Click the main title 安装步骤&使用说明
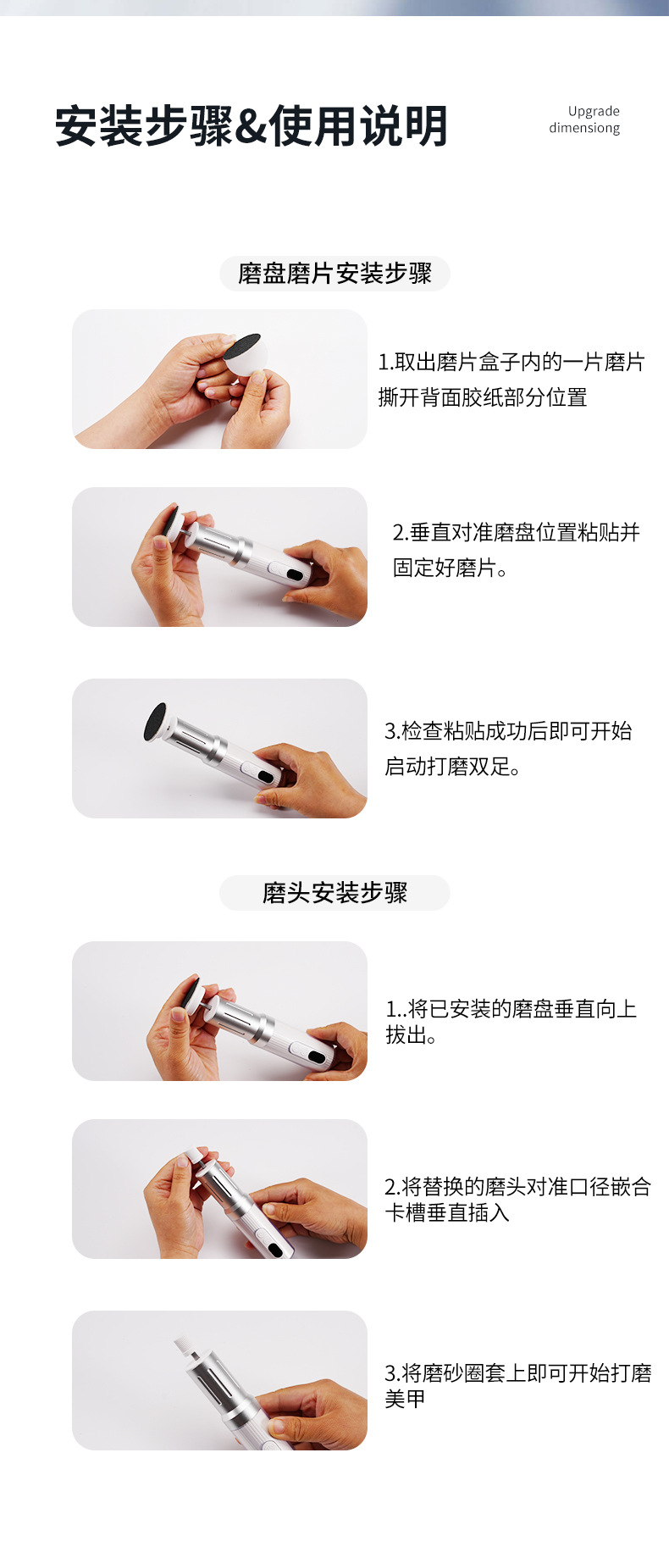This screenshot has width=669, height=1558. pos(251,127)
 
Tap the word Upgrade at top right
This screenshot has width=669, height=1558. pos(594,111)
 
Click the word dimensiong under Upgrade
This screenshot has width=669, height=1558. pos(584,128)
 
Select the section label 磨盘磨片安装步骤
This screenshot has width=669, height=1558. pos(334,274)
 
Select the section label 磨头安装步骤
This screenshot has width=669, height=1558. pos(334,893)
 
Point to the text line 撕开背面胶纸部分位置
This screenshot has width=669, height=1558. pos(483,397)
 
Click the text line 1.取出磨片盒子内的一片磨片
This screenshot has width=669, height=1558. pos(511,363)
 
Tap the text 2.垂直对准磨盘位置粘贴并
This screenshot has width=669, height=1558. pos(516,533)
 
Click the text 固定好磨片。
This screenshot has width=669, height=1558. pos(451,568)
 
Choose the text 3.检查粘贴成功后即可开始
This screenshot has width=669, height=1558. pos(508,731)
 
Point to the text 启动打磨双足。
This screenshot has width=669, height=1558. pos(452,767)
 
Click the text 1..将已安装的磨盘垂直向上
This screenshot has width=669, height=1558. pos(511,1009)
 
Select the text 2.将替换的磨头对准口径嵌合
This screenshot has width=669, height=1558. pos(517,1187)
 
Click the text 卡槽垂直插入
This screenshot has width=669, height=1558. pos(447,1213)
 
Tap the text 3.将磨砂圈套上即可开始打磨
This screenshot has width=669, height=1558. pos(517,1372)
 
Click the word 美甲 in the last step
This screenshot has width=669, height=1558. pos(405,1399)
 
